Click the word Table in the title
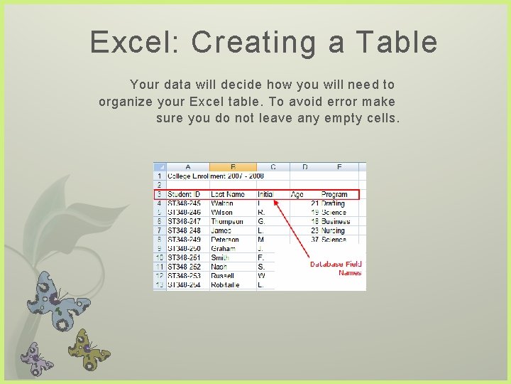tap(400, 43)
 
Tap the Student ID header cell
tap(184, 194)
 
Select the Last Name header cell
tap(227, 194)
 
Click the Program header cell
tap(334, 194)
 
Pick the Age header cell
tap(297, 194)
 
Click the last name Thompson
tap(228, 222)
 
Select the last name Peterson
tap(226, 240)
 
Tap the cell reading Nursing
tap(333, 230)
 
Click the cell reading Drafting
tap(333, 203)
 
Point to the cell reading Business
tap(335, 222)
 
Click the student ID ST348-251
tap(184, 257)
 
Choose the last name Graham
tap(224, 249)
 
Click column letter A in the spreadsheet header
tap(187, 167)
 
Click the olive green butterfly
tap(88, 349)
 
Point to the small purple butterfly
tap(36, 358)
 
